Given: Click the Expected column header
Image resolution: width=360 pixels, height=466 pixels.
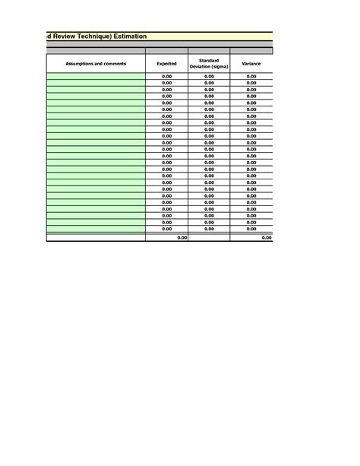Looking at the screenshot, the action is click(x=166, y=64).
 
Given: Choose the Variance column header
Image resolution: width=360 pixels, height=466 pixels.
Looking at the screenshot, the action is click(x=251, y=64).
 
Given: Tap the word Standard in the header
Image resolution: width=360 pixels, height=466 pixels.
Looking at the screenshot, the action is click(x=209, y=60).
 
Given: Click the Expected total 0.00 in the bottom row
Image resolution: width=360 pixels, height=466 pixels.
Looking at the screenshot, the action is click(x=182, y=238).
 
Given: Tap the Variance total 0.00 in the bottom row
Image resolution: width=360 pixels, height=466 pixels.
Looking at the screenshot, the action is click(x=266, y=238).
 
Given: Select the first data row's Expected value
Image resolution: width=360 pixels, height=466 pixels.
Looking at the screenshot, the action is click(x=167, y=77).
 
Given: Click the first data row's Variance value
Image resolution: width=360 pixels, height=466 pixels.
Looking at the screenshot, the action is click(x=251, y=77).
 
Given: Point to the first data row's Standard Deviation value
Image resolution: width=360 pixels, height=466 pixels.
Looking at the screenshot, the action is click(x=209, y=77).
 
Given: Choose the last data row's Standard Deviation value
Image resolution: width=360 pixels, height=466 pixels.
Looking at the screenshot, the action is click(x=209, y=229).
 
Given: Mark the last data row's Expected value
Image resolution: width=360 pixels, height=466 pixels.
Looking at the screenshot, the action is click(x=167, y=229).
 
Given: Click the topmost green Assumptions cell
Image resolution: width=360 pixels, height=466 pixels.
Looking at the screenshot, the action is click(x=96, y=77).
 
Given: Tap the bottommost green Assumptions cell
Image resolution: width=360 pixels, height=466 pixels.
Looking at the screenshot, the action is click(x=96, y=229).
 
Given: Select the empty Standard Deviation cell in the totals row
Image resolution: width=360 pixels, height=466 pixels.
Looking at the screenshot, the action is click(x=209, y=238).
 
